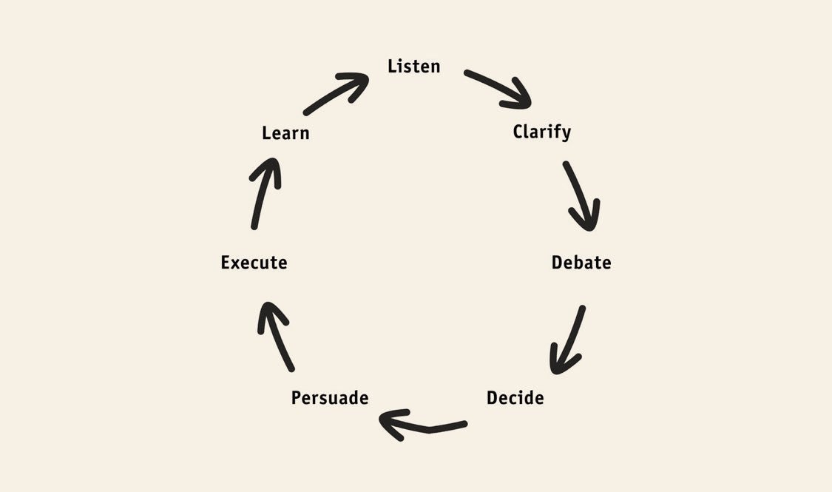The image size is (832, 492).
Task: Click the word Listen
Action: pos(413,67)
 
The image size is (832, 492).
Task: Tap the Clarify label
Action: pos(541,132)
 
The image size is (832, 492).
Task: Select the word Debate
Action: pos(581,263)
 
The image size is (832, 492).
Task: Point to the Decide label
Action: pos(515,398)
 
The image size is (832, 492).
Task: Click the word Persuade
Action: pos(330,398)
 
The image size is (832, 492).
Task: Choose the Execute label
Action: pos(254,263)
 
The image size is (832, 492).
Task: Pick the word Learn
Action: pos(285,133)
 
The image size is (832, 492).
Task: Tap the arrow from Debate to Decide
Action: pos(569,337)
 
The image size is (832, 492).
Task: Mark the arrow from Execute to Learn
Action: pos(262,192)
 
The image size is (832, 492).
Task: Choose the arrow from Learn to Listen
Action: pos(336,93)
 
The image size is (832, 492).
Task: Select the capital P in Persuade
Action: pos(297,398)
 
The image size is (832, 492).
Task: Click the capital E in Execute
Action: pos(226,263)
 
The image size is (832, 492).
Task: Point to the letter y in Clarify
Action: pos(566,135)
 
